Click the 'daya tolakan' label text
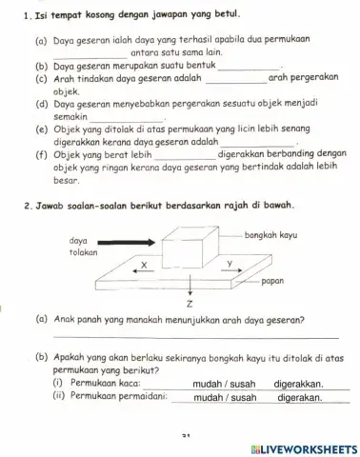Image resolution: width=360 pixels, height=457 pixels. (x=85, y=248)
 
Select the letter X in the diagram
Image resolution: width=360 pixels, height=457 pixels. (x=145, y=265)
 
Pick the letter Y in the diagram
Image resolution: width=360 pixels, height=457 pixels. (x=229, y=263)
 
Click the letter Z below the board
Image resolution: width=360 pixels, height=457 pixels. (x=190, y=304)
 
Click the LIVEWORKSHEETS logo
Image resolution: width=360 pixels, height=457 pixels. (x=303, y=448)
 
